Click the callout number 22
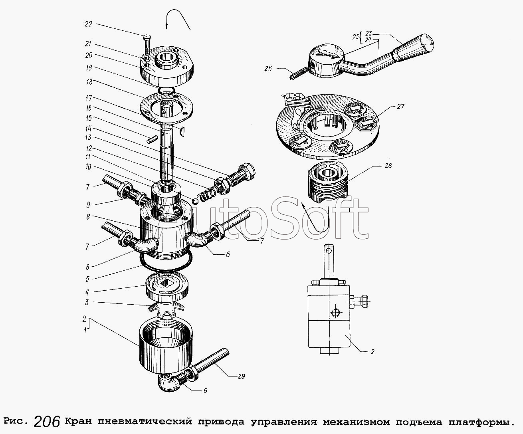coord(88,24)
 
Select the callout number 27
coord(400,107)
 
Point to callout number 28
coord(388,166)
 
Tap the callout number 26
coord(268,68)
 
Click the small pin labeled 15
coord(152,139)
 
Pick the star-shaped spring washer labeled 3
coord(166,310)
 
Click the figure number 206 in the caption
coord(47,421)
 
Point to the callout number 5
coord(87,279)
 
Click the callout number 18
coord(89,82)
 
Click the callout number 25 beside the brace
coord(355,37)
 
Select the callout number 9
coord(88,205)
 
